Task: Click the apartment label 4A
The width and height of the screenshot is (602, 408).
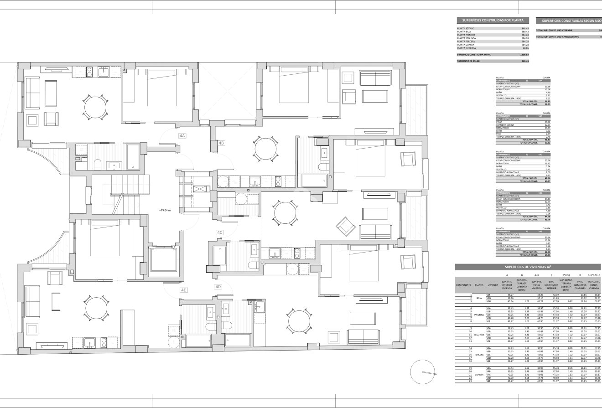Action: pyautogui.click(x=182, y=136)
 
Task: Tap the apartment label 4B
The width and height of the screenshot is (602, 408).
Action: pyautogui.click(x=221, y=143)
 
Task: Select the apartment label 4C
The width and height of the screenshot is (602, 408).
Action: pyautogui.click(x=220, y=232)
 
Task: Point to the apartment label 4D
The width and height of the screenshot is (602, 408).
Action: pyautogui.click(x=218, y=287)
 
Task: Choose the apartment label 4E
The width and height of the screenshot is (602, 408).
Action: pyautogui.click(x=183, y=290)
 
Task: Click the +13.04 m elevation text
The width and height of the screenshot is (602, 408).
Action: pyautogui.click(x=165, y=211)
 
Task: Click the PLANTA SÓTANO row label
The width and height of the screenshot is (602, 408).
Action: pyautogui.click(x=466, y=28)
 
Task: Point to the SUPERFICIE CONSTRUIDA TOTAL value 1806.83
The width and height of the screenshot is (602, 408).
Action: pyautogui.click(x=524, y=54)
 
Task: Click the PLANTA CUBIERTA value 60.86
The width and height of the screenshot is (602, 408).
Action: pyautogui.click(x=525, y=48)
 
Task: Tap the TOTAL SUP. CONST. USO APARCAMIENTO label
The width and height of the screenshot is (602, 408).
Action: pyautogui.click(x=558, y=36)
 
